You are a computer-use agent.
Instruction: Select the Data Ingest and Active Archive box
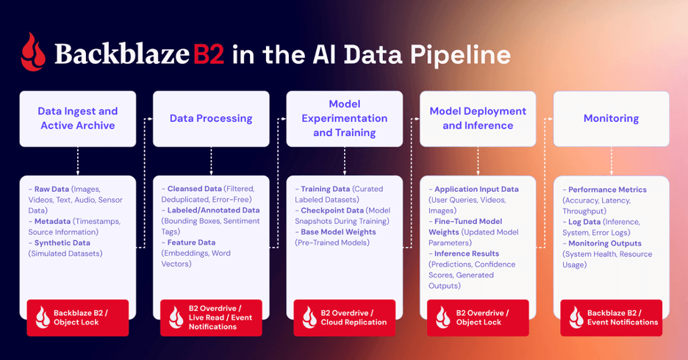point(78,118)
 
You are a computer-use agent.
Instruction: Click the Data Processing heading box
point(211,118)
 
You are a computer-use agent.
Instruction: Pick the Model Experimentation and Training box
point(344,118)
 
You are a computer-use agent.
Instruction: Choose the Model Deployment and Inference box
point(478,118)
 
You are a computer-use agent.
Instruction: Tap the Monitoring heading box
point(611,118)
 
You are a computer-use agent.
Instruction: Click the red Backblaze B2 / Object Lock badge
point(78,317)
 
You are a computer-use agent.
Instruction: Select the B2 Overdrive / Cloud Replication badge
point(344,317)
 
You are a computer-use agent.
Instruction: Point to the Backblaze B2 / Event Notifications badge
point(611,317)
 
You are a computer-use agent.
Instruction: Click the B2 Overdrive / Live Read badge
point(211,317)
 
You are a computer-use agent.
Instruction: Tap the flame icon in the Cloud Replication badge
point(309,317)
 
